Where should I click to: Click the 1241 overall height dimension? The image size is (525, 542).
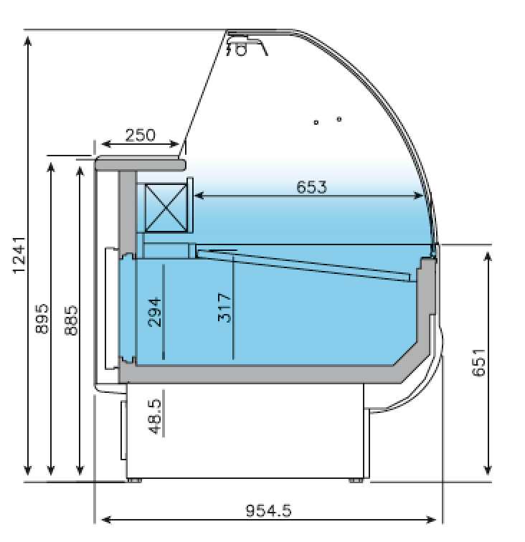coord(19,255)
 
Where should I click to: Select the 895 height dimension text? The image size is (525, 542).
coord(42,318)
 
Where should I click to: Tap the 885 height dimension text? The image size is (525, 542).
coord(71,320)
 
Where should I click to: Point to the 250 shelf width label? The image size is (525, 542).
coord(140,135)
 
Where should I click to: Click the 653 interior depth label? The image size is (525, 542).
coord(311,187)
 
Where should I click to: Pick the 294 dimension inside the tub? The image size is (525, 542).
coord(154,312)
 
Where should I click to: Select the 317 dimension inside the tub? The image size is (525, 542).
coord(224,308)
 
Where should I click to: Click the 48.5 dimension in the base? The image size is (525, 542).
coord(155,417)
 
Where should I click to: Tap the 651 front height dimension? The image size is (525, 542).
coord(478,362)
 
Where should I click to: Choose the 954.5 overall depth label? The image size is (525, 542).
coord(269,510)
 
